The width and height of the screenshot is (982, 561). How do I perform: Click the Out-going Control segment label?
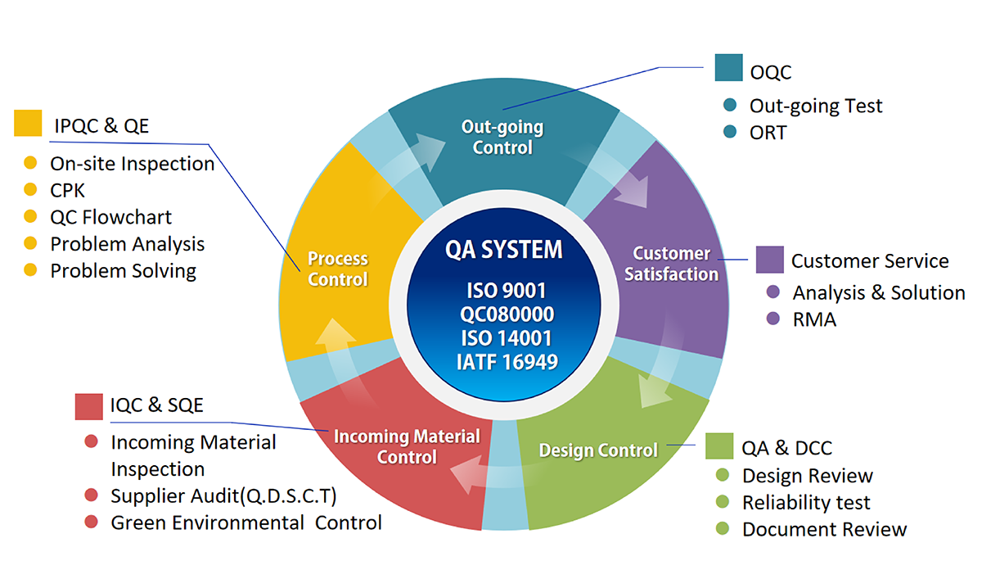[x=502, y=138]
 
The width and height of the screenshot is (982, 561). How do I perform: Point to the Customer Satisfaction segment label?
[x=671, y=264]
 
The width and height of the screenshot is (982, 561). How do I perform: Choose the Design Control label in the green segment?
[x=598, y=450]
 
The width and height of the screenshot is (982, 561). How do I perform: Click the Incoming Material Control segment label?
[x=407, y=446]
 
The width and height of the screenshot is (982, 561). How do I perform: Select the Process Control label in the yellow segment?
[x=338, y=269]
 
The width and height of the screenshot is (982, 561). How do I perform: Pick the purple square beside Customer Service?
[x=769, y=260]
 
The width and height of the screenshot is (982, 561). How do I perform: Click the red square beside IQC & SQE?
[x=88, y=405]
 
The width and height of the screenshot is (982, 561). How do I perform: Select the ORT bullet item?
[x=768, y=133]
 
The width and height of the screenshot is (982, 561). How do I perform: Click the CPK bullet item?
[x=67, y=191]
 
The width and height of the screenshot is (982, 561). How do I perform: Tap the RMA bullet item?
[x=814, y=320]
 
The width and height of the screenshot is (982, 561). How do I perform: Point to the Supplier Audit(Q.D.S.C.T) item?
[x=223, y=495]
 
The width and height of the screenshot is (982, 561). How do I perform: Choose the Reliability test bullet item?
[x=806, y=503]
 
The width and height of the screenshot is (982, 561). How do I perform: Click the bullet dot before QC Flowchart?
[x=31, y=217]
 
